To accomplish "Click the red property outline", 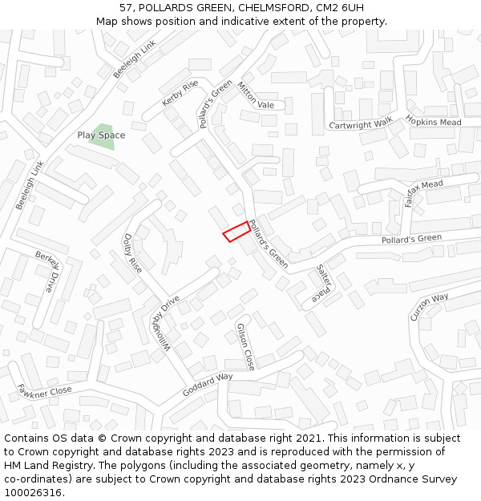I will click(x=236, y=231).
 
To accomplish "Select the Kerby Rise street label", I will click(x=180, y=94).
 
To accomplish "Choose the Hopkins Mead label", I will click(x=433, y=121).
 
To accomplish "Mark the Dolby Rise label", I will click(x=132, y=253).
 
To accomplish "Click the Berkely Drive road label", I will click(x=47, y=271).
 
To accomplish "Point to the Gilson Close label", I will click(x=245, y=346).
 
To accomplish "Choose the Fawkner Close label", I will click(x=45, y=392).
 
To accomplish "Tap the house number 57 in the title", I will click(x=125, y=8).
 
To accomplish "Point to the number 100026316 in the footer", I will click(x=33, y=492).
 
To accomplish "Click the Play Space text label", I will click(x=101, y=135).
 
